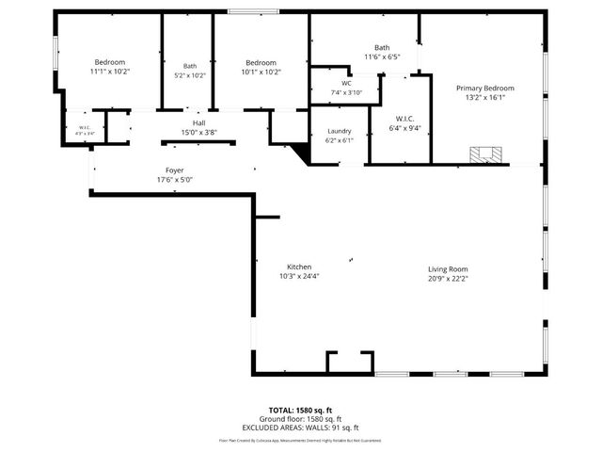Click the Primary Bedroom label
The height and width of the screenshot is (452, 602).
tap(485, 88)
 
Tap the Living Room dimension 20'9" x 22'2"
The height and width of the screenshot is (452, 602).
tap(448, 278)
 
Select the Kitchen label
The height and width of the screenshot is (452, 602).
tap(299, 266)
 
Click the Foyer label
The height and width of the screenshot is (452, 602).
tap(174, 169)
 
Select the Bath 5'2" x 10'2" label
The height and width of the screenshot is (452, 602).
tap(190, 66)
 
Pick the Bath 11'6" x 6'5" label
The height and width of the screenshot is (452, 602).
tap(382, 47)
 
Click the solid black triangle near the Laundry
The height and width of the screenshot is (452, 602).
tap(301, 153)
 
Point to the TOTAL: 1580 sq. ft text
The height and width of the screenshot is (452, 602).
tap(301, 411)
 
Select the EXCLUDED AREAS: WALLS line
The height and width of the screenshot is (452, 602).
tap(301, 428)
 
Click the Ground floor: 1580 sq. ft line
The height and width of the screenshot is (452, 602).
tap(301, 420)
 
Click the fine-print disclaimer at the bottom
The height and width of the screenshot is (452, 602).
tap(301, 440)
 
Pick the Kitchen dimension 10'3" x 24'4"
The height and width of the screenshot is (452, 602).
tap(299, 277)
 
